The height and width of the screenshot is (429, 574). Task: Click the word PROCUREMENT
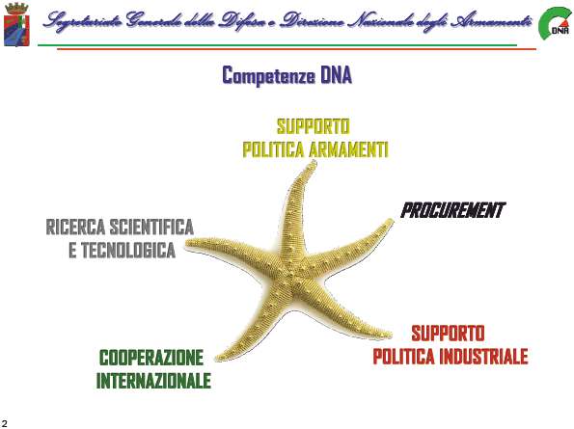(x=452, y=210)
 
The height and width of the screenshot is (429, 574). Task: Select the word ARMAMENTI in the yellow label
(x=348, y=149)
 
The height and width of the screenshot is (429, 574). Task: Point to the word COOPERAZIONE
(x=151, y=358)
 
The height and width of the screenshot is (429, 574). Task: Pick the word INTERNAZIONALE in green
(x=153, y=381)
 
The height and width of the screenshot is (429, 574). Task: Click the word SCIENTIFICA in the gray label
(x=151, y=228)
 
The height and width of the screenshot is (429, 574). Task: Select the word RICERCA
(x=75, y=228)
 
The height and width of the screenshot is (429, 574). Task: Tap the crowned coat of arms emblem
(x=16, y=24)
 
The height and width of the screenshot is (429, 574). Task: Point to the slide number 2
(x=5, y=424)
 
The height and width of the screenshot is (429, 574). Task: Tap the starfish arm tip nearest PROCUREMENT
(x=392, y=221)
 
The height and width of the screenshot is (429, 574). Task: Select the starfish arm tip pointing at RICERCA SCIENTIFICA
(x=188, y=243)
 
